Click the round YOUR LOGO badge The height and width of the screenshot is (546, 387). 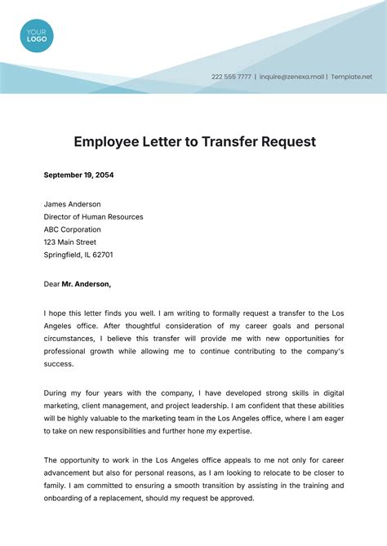(36, 36)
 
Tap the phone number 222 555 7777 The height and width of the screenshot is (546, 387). (231, 77)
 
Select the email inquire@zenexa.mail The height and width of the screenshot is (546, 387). (291, 77)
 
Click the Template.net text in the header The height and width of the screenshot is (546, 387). (351, 77)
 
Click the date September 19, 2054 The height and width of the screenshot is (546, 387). (78, 175)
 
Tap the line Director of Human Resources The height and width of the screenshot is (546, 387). (93, 217)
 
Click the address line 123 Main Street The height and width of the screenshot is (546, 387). (70, 242)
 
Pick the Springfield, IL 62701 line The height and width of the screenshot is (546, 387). (78, 255)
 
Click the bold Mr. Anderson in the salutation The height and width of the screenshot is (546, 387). (87, 284)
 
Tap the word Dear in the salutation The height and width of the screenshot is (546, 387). (51, 284)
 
